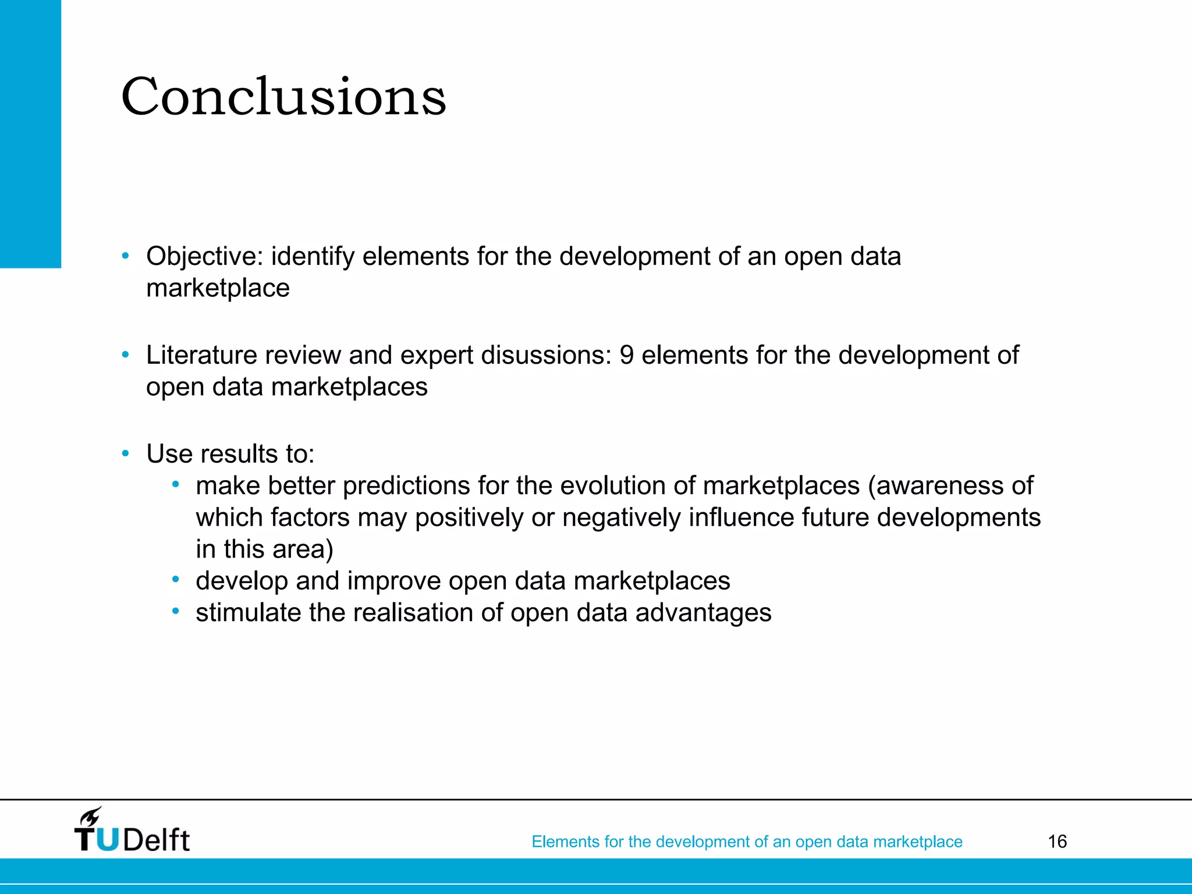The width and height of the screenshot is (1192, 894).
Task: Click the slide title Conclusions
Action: click(283, 97)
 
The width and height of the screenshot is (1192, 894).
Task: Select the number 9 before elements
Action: click(626, 356)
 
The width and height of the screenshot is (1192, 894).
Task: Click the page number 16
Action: click(1057, 842)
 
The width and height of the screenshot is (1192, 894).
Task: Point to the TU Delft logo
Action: click(132, 831)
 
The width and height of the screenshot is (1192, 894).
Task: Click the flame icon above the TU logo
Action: click(90, 816)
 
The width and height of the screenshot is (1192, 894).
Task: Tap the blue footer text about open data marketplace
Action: click(747, 842)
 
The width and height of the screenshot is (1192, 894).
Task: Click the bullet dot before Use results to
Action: click(125, 454)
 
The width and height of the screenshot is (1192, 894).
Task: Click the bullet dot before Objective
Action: click(125, 256)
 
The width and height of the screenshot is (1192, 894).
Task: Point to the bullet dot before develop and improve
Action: click(175, 580)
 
